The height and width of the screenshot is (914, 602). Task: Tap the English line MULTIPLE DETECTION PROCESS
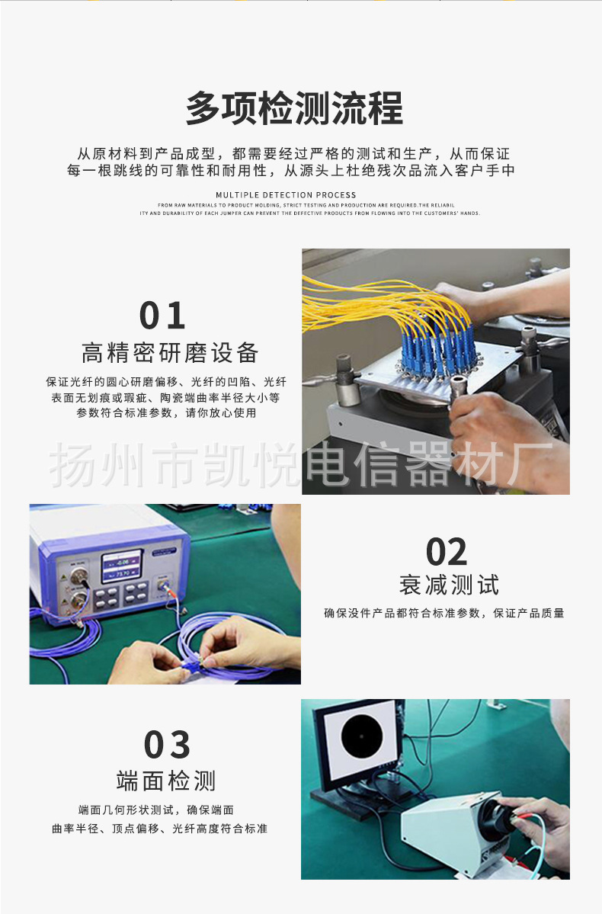pos(286,195)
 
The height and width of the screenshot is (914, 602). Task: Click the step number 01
pos(162,316)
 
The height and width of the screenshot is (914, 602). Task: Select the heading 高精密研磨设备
pos(170,354)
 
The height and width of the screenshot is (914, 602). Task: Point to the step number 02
pos(447,552)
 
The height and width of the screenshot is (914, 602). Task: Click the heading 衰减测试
pos(449,585)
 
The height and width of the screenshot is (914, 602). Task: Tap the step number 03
pos(167,745)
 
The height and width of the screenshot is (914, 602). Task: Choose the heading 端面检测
pos(166,781)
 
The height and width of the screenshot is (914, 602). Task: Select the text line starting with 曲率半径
pos(159,829)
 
